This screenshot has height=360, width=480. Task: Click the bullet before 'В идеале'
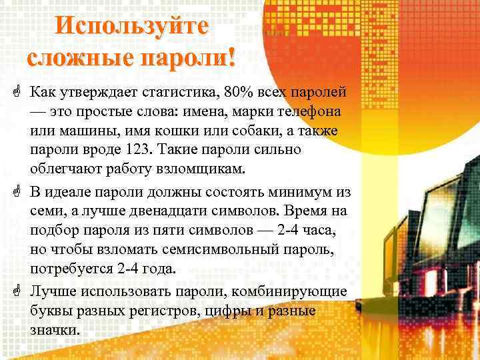(x=15, y=193)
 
